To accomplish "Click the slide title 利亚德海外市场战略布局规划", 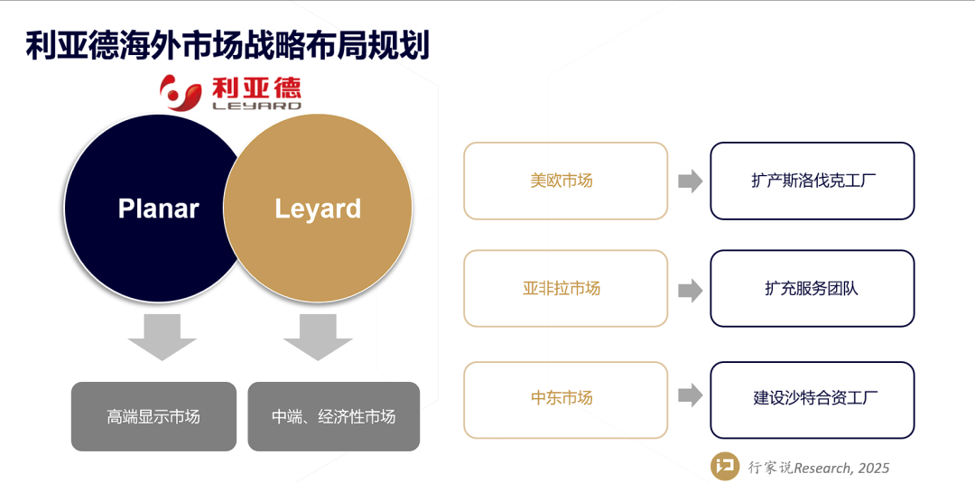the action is point(227,45).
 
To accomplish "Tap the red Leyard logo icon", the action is point(181,92).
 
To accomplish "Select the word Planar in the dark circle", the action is point(158,209).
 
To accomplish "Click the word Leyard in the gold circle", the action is point(318,209).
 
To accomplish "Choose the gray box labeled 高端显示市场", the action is point(153,416).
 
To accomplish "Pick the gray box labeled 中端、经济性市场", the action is point(333,416).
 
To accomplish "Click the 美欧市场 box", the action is point(565,181).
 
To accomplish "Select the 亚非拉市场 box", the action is point(565,289).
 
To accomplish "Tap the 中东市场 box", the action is point(565,397).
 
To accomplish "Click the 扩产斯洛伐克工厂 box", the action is point(812,181).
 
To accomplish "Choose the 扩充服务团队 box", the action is point(812,289).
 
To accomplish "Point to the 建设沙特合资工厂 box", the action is point(812,397).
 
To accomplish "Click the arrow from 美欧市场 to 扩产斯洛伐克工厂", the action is point(690,181).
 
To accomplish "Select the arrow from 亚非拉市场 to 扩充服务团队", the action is point(690,289).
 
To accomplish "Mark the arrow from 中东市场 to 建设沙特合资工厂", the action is point(690,395).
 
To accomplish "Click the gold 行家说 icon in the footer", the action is point(723,466).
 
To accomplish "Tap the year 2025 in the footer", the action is point(873,468).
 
